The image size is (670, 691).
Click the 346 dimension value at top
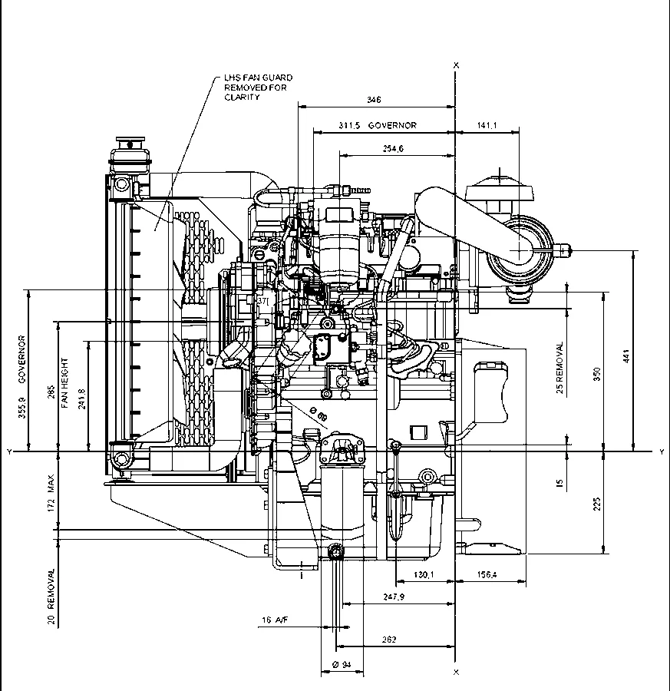point(374,100)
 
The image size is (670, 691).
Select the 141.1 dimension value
point(487,124)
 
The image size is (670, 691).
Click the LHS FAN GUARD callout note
point(258,88)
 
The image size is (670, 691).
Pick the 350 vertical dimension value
point(597,373)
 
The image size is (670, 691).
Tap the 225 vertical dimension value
point(597,503)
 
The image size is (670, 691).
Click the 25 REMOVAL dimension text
point(560,369)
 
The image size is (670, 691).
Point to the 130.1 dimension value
point(423,574)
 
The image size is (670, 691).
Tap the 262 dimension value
point(389,639)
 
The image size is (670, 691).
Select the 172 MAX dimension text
point(51,494)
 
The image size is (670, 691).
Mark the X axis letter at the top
point(457,65)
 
